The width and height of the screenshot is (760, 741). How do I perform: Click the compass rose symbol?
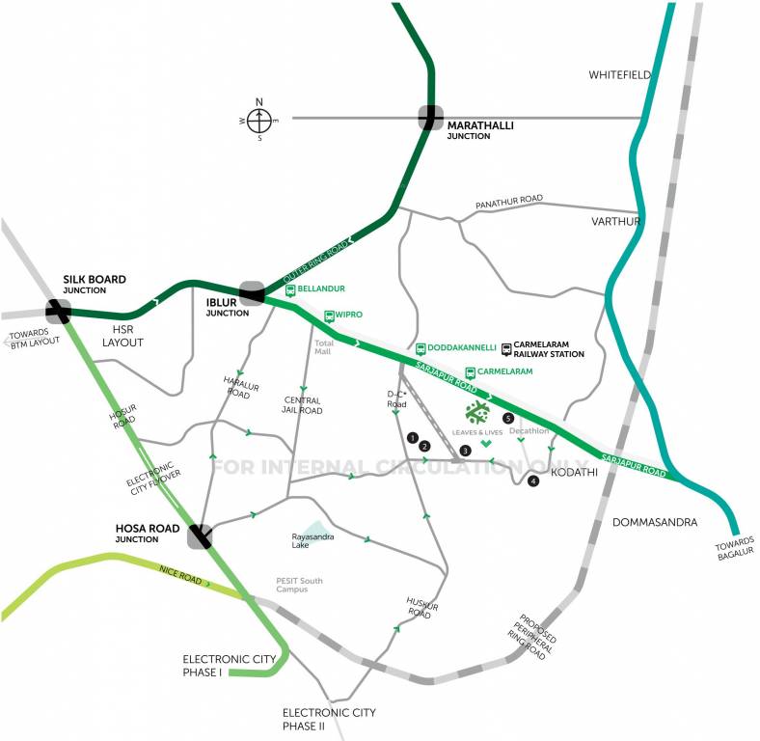(259, 120)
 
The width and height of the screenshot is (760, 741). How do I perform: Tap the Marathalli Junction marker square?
(430, 117)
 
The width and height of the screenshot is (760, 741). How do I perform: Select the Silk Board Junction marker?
(58, 311)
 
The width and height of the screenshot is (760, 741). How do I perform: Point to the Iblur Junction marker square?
(252, 292)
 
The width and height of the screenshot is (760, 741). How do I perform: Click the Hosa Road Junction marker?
(201, 536)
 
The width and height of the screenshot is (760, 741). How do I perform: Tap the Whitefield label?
(620, 75)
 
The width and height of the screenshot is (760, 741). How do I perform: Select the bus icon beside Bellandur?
(290, 289)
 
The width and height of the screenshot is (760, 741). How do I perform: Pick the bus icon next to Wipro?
(328, 315)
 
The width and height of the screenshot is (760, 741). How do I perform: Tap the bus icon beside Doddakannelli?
(421, 347)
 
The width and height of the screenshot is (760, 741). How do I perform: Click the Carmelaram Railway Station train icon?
(506, 348)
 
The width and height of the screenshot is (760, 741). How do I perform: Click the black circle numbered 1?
(413, 438)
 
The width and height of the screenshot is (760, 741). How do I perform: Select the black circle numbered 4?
(533, 480)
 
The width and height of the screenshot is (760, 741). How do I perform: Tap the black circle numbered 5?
(508, 418)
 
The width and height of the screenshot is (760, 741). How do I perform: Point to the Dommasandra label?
(654, 522)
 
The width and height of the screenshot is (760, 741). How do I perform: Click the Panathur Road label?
(508, 200)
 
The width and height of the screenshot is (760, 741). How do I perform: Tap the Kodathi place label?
(574, 473)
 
